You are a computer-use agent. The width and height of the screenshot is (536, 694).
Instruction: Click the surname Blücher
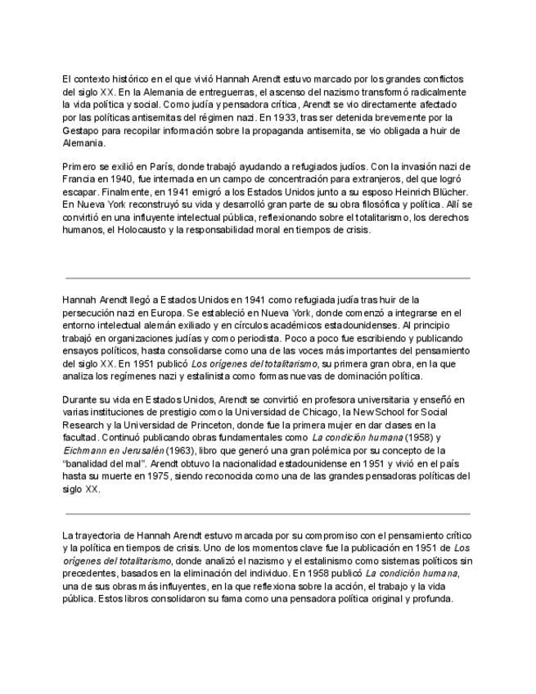(442, 192)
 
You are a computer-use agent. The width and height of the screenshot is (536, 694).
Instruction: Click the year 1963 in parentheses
(182, 451)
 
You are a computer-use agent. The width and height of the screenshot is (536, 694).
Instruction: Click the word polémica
(327, 451)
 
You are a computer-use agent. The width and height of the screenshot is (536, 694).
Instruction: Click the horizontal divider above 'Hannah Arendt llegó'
(268, 278)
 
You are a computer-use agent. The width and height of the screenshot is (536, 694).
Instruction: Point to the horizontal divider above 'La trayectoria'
(268, 514)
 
